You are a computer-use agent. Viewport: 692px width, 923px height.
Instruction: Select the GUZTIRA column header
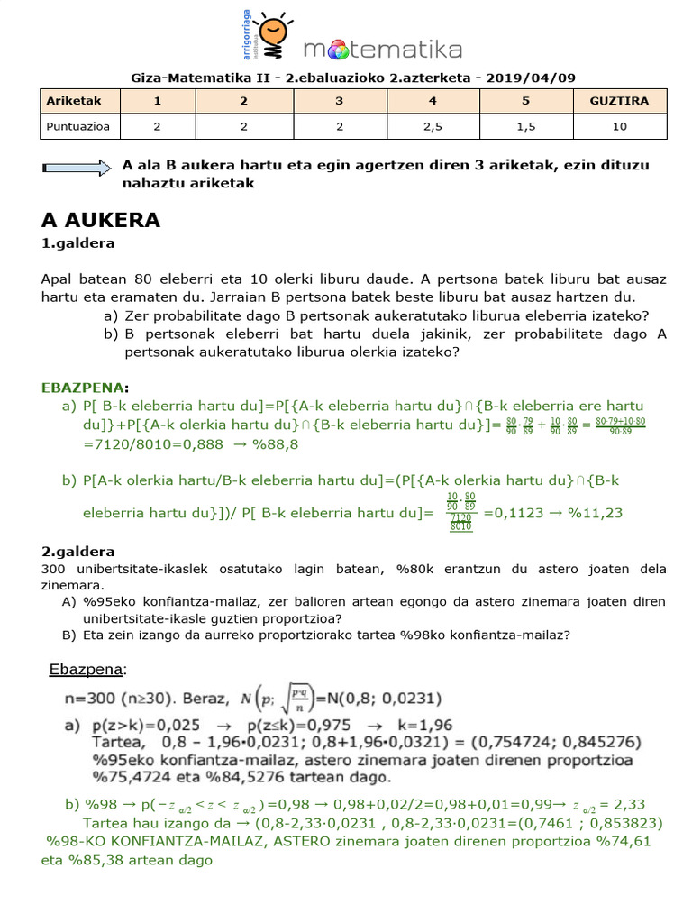point(618,101)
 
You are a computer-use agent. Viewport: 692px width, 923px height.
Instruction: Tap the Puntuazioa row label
point(77,127)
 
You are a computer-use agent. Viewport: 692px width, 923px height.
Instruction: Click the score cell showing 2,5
point(432,127)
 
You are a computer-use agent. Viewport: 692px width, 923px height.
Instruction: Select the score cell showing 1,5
point(525,127)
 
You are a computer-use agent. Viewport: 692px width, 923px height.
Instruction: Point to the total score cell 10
point(618,127)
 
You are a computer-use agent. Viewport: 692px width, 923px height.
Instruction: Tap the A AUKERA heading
point(101,220)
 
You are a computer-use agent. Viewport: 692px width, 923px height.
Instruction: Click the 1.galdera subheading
point(78,243)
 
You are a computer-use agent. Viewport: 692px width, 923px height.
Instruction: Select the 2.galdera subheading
point(78,551)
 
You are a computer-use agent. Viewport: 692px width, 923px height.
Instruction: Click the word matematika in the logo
point(382,49)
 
